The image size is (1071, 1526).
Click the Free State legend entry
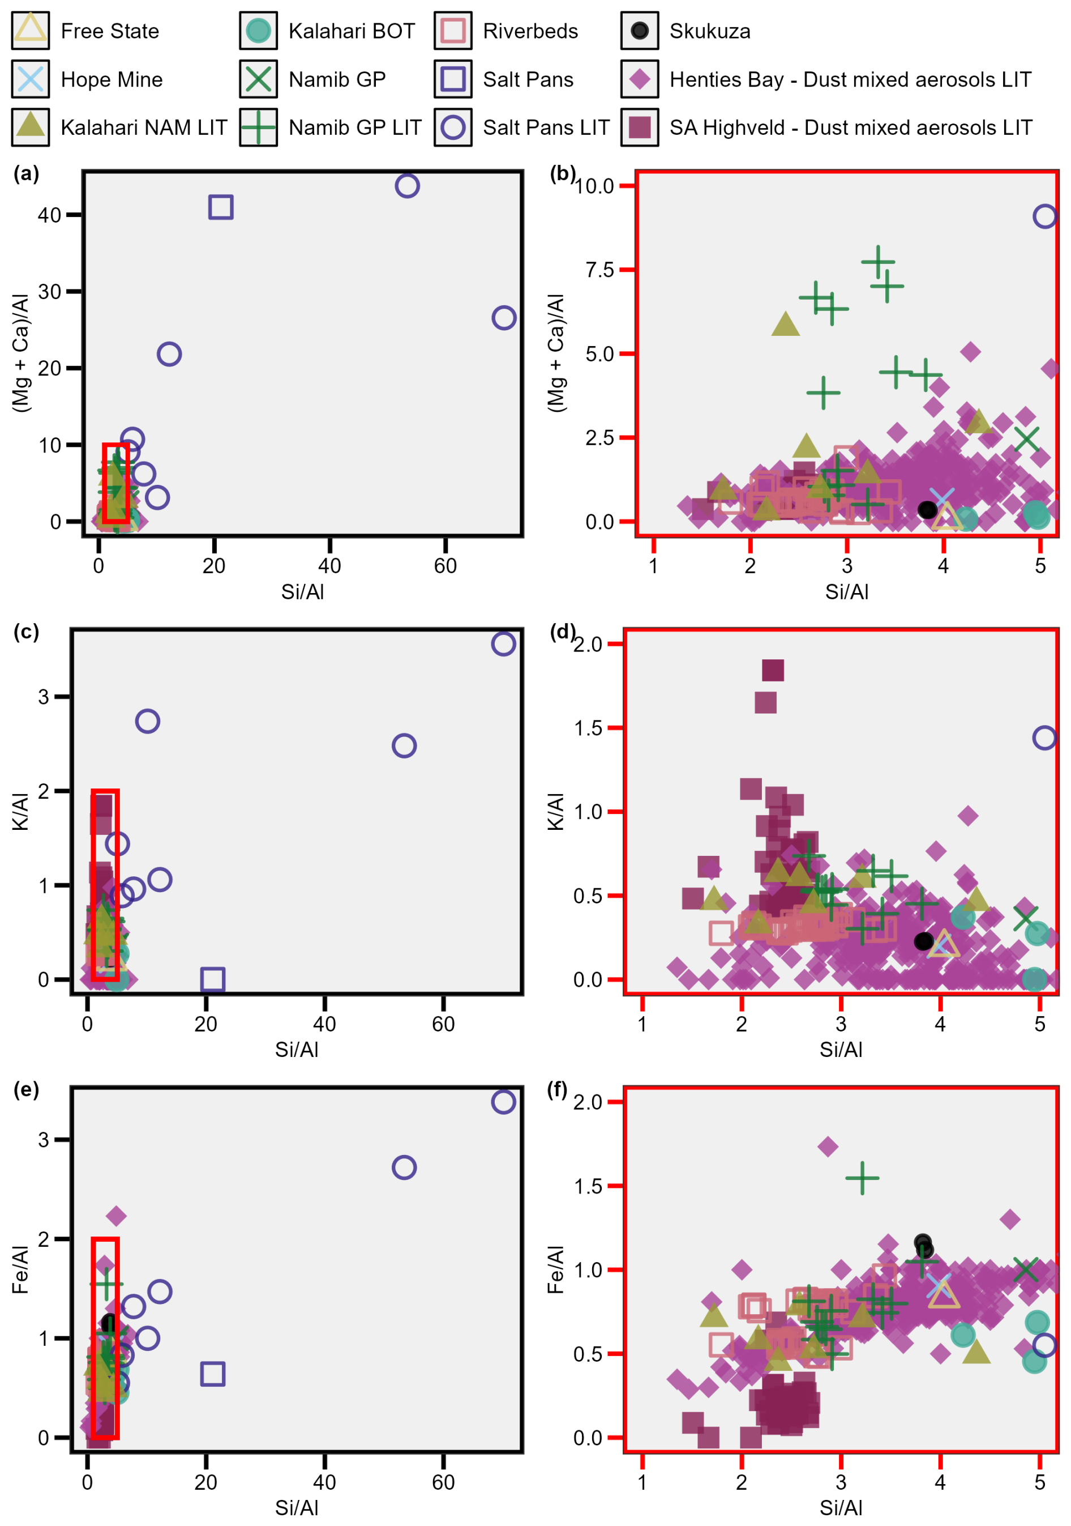[85, 31]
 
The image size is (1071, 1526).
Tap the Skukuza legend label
[710, 31]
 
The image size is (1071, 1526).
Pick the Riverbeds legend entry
[506, 31]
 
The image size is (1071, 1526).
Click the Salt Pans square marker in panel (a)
[221, 207]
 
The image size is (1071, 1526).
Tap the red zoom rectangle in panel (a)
[104, 483]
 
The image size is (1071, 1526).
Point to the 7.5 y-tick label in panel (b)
[599, 270]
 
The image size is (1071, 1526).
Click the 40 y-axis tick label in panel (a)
[49, 215]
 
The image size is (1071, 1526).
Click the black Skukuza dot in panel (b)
[927, 510]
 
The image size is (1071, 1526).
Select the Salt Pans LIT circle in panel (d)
[1044, 737]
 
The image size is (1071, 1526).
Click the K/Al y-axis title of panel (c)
[20, 812]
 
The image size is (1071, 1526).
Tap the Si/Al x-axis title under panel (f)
[841, 1507]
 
